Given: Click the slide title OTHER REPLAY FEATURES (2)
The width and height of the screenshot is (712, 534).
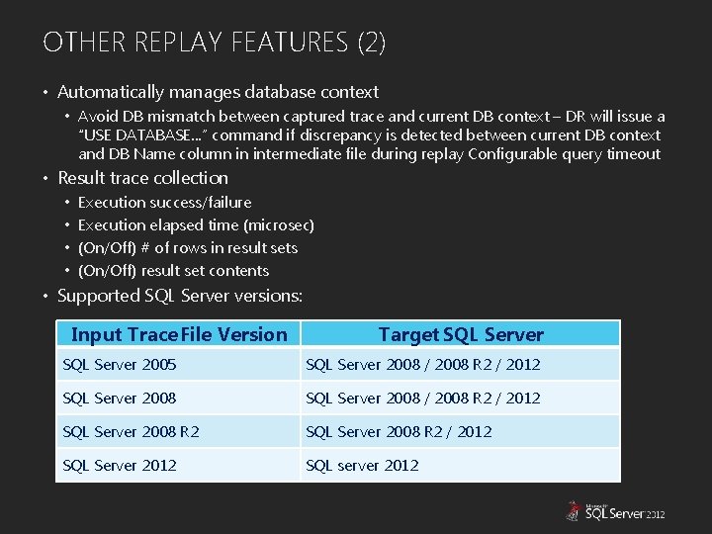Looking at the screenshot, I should point(215,43).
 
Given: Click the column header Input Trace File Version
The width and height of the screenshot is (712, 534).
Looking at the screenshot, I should point(179,334).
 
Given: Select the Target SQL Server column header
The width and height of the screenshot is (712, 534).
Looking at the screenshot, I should point(460,334).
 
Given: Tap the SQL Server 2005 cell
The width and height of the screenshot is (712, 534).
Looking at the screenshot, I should point(120,365).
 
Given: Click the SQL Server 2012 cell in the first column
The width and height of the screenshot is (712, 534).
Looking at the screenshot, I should point(120,465).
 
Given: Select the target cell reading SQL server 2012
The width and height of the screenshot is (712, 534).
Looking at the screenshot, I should point(362,465).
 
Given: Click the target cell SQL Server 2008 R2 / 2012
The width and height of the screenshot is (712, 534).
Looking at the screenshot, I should point(399,431).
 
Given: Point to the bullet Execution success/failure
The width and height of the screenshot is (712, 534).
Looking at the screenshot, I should point(164,203).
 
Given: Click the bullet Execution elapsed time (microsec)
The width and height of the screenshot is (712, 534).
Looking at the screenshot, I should point(196,225).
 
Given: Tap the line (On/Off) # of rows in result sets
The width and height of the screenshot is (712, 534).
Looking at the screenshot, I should point(187,248).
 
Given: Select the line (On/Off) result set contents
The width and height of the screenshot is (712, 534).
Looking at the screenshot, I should point(173,271).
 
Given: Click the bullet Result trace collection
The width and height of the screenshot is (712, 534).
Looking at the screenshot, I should point(142,179).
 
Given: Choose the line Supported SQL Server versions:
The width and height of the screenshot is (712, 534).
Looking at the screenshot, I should point(180,296).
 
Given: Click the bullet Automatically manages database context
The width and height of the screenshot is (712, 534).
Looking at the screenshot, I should point(218,93).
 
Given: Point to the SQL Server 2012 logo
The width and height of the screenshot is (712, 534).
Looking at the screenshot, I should point(614,511).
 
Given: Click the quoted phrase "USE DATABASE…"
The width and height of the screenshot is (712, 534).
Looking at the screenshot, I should point(136,135).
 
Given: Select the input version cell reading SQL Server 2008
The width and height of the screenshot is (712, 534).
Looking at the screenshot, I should point(120,399).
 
